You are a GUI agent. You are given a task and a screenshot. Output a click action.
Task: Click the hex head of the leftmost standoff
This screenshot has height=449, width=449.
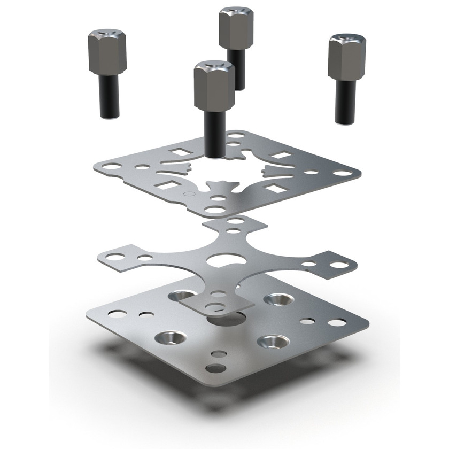point(103,53)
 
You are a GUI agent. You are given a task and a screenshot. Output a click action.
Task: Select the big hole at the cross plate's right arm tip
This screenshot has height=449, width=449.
point(337,265)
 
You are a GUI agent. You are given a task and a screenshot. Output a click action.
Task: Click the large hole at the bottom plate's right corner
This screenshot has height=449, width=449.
point(337,322)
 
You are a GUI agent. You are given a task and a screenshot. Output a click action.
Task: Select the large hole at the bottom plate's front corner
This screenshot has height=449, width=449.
point(216,368)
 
